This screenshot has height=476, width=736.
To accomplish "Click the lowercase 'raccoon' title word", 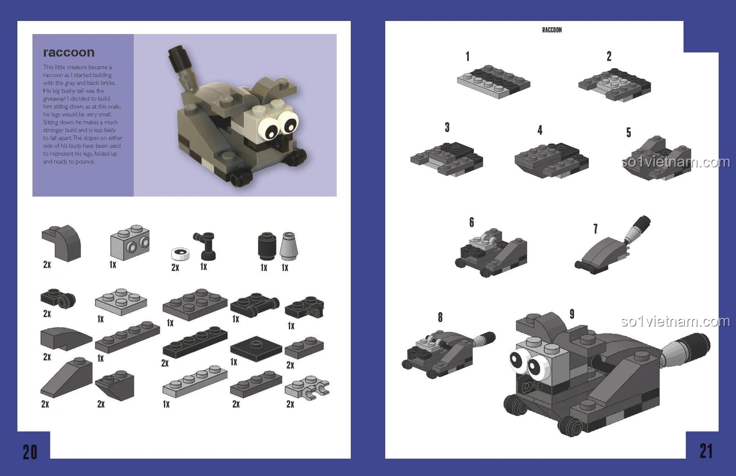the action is click(x=69, y=53).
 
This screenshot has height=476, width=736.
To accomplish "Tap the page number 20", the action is click(x=30, y=452).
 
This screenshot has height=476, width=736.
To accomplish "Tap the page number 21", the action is click(x=706, y=451).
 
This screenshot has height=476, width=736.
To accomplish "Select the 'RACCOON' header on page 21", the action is click(x=552, y=30).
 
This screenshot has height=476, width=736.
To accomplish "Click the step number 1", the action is click(x=467, y=56).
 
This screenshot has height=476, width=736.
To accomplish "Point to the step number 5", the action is click(x=629, y=132).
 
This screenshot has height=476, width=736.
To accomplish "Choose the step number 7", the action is click(x=595, y=229).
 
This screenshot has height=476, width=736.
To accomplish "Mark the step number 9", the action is click(x=572, y=314).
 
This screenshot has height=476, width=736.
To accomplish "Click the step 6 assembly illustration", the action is click(x=491, y=252).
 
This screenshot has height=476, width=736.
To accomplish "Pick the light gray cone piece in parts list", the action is click(x=288, y=246).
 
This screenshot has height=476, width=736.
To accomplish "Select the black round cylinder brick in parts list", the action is click(x=267, y=246).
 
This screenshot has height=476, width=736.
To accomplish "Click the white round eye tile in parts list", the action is click(x=180, y=253).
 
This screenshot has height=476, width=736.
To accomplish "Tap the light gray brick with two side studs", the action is click(x=130, y=242).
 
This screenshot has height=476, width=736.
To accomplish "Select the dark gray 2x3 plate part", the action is click(x=195, y=304).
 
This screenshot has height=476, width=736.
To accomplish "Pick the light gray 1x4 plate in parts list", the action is click(x=195, y=381).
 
